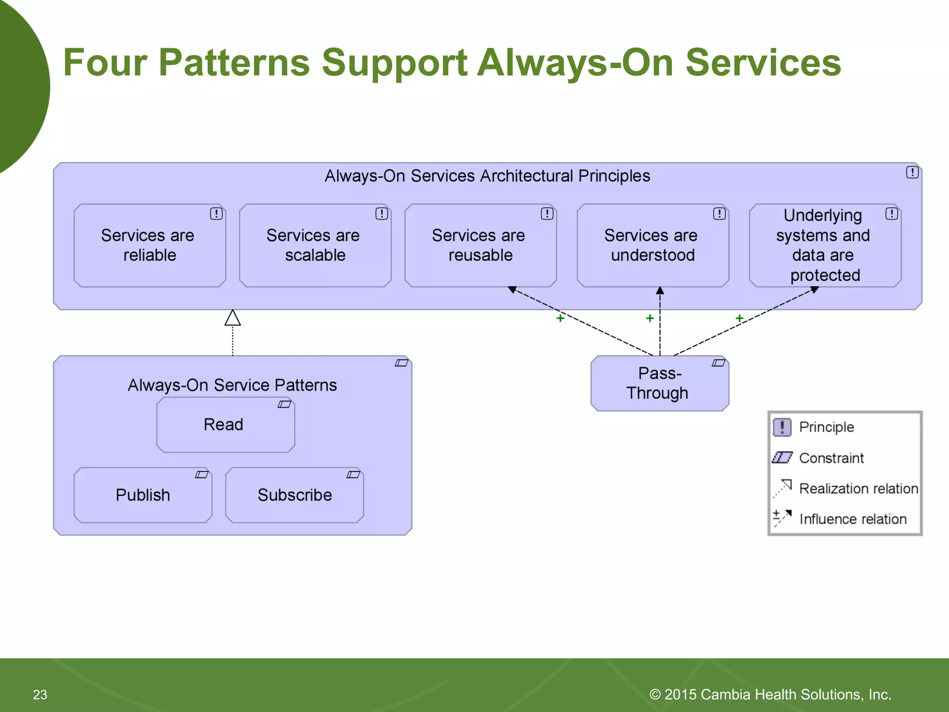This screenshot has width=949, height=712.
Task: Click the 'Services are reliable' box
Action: point(149,245)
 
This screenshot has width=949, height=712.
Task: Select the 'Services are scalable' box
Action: point(315,245)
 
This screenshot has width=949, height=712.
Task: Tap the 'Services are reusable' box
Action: point(480,245)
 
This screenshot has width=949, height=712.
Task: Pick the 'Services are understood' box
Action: point(652,245)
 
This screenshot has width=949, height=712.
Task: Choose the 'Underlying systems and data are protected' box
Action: point(824,245)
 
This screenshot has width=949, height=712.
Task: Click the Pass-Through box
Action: point(659,383)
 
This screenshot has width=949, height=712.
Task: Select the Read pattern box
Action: point(225,425)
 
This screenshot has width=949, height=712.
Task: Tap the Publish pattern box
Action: point(143,495)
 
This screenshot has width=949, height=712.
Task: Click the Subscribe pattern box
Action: point(294,495)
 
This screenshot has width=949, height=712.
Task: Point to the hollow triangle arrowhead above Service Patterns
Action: point(233,318)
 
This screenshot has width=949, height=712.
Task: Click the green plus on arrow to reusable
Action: point(560,318)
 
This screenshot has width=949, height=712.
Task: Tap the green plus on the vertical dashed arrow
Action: point(650,318)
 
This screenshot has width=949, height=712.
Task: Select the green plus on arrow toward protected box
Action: point(739,318)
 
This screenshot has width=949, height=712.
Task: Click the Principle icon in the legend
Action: point(782,427)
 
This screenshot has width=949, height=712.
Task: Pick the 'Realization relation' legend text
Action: point(858,489)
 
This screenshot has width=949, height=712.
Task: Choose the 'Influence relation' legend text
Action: point(853,519)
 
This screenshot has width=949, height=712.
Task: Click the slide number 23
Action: point(40,694)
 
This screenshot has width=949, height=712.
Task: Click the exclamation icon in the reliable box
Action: point(216,214)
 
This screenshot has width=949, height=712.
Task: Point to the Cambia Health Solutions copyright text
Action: point(770,694)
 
